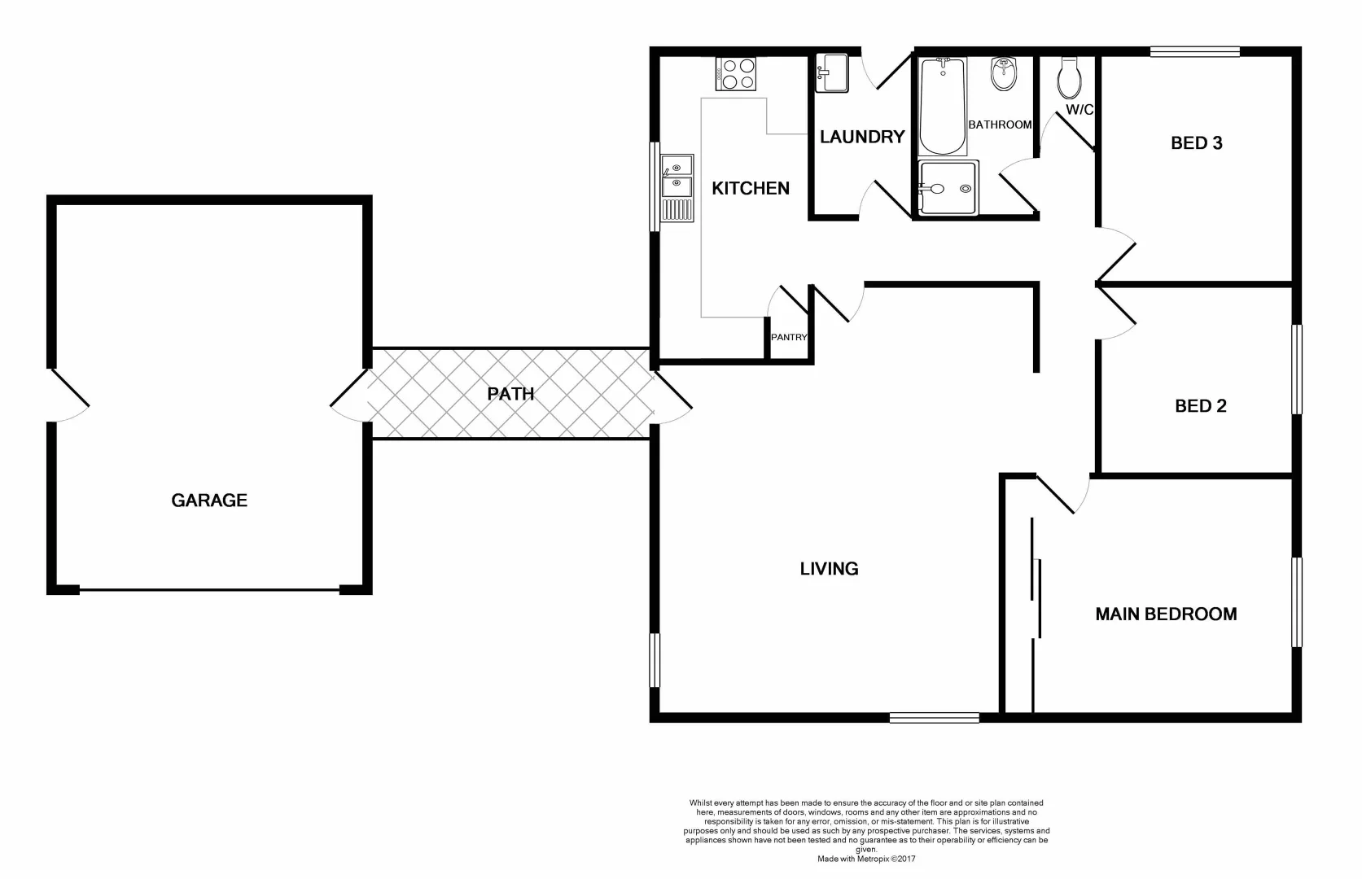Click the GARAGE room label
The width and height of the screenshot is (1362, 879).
[x=209, y=501]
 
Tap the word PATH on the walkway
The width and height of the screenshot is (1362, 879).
[x=510, y=394]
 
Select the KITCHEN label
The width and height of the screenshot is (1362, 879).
[x=750, y=188]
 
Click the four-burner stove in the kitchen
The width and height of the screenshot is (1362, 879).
[x=736, y=73]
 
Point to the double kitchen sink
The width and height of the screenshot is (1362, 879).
[x=677, y=188]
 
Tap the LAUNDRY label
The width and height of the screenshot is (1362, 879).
[x=861, y=137]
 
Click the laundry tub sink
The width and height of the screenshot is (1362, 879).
[x=832, y=72]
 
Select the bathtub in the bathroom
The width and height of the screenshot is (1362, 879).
[x=942, y=107]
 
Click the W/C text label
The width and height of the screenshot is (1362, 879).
[x=1080, y=110]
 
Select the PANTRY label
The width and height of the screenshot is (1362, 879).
[x=789, y=337]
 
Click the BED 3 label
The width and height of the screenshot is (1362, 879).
[x=1196, y=143]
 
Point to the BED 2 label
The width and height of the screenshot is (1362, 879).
[x=1200, y=405]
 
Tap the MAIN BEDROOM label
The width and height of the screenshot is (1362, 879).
[x=1166, y=614]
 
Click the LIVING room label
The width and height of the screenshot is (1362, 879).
[x=829, y=569]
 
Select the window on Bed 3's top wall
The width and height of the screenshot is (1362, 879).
[x=1194, y=52]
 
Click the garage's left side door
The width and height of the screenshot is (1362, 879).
[x=69, y=395]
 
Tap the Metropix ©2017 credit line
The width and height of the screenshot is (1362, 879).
[x=866, y=859]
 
